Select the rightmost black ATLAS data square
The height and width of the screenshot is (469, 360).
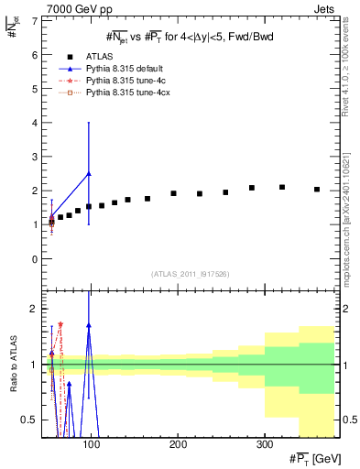317,190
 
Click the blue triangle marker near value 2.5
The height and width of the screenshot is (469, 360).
88,173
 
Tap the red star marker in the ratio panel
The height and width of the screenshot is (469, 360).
60,324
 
